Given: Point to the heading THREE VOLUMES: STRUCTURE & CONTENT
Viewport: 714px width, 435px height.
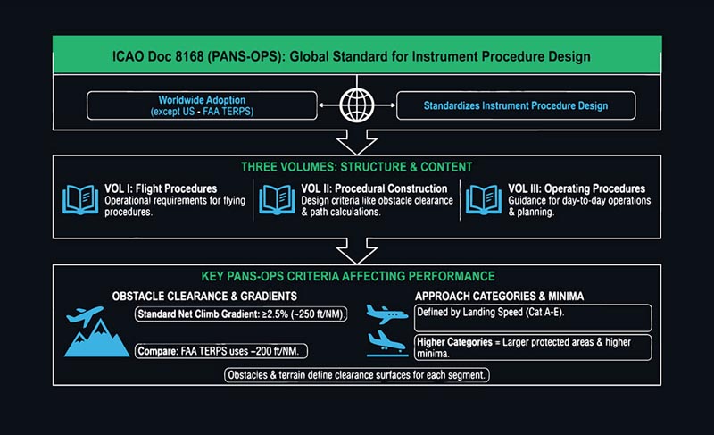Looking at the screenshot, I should click(x=356, y=168).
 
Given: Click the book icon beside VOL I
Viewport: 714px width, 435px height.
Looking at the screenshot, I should click(x=79, y=200).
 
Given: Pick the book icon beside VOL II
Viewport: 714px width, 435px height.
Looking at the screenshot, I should click(x=276, y=200).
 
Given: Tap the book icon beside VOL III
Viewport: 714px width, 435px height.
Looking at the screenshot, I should click(x=482, y=200).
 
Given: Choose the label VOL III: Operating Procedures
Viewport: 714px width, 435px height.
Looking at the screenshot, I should click(x=577, y=189).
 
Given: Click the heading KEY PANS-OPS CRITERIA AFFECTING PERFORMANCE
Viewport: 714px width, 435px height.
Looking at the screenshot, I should click(x=356, y=277).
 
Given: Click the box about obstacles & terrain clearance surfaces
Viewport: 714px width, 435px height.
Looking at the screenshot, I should click(x=356, y=375).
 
